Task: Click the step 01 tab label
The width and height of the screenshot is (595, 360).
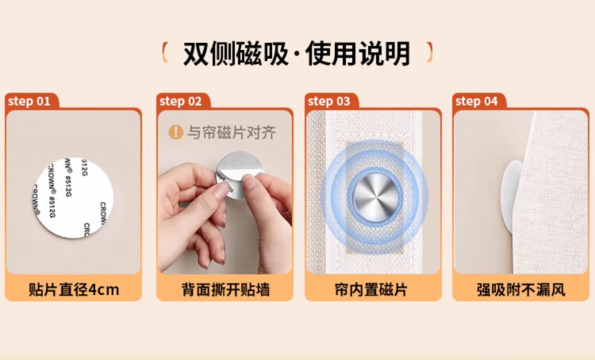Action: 29,101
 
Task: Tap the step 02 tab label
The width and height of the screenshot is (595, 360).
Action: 181,101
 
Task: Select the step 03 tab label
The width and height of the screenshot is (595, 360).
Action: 329,101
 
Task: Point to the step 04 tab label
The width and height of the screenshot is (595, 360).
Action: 477,101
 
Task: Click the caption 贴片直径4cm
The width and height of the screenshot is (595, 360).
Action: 74,289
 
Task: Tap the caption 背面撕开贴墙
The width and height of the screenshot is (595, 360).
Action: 225,289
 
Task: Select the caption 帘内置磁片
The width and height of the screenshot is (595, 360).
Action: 371,289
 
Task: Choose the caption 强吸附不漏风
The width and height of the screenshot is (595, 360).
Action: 521,289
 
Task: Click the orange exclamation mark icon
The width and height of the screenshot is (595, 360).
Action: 175,132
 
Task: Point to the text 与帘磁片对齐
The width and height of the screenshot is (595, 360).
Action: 232,132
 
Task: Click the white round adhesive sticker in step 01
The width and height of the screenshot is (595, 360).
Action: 74,197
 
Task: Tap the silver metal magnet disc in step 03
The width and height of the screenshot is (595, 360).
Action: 374,197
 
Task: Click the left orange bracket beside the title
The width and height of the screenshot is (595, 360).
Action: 165,52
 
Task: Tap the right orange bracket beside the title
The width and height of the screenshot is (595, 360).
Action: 429,52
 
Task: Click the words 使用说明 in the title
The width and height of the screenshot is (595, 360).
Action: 358,53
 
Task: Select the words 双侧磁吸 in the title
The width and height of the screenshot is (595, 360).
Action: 236,53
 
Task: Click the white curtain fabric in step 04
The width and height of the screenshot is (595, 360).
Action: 551,193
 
